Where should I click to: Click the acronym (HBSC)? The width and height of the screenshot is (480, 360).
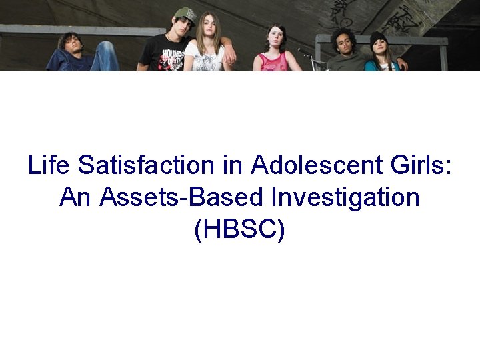pyautogui.click(x=239, y=230)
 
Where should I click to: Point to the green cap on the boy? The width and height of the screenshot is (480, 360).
pyautogui.click(x=185, y=14)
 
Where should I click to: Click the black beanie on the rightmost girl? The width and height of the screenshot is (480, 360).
pyautogui.click(x=378, y=36)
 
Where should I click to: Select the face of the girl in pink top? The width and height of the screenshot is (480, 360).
pyautogui.click(x=275, y=37)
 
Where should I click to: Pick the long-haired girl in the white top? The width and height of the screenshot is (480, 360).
pyautogui.click(x=207, y=47)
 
